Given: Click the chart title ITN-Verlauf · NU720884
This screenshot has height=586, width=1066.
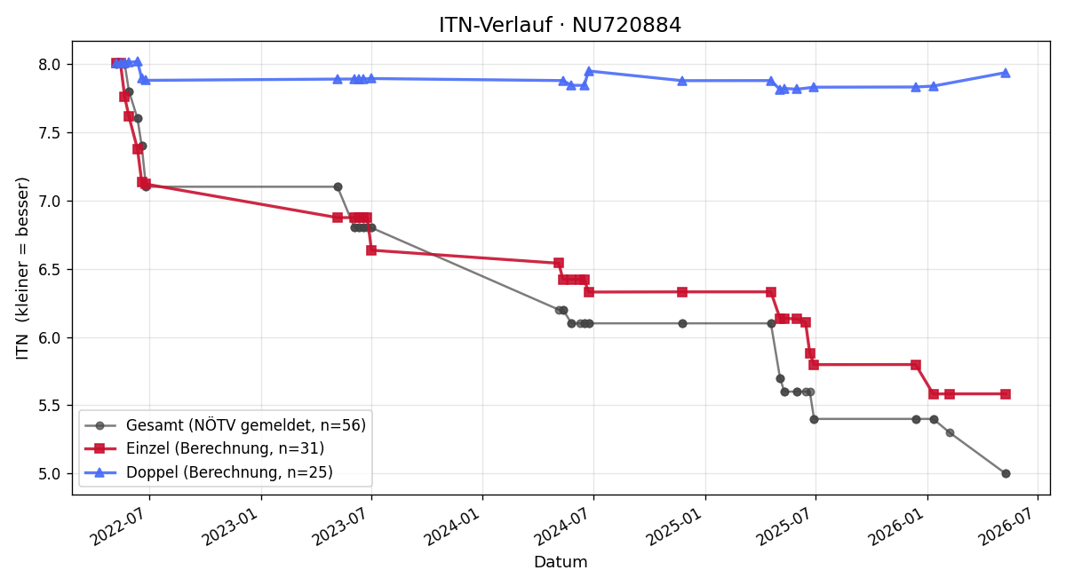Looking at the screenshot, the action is pos(560,25).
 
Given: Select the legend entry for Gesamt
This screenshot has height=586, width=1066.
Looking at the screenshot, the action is pos(225,425).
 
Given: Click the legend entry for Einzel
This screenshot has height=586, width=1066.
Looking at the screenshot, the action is pos(204,448).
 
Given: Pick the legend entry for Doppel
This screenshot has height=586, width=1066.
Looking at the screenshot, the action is pos(209,472).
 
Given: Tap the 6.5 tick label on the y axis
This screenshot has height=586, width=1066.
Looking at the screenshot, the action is pos(49,270).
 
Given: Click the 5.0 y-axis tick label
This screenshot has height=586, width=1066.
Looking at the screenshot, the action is pos(49,474).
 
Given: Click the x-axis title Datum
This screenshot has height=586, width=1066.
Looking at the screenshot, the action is pos(561,562).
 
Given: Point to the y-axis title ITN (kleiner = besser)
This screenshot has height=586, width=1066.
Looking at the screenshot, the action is pos(22,268).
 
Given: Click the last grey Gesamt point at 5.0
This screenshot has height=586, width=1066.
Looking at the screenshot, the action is pos(1006,474).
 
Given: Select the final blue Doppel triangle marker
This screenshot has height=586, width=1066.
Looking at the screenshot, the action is pos(1006,73).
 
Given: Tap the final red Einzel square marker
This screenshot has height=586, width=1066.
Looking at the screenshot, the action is pos(1006,394).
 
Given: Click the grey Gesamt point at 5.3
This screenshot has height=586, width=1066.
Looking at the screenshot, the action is pos(950,433).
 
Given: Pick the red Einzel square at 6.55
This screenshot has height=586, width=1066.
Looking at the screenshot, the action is pos(559,263).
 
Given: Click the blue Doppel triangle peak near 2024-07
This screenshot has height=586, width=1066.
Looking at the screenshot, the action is pos(589,71).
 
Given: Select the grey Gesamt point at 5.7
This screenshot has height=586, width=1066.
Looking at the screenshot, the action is pos(780,378).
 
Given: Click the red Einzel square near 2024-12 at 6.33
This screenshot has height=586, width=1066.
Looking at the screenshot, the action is pos(682,292).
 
